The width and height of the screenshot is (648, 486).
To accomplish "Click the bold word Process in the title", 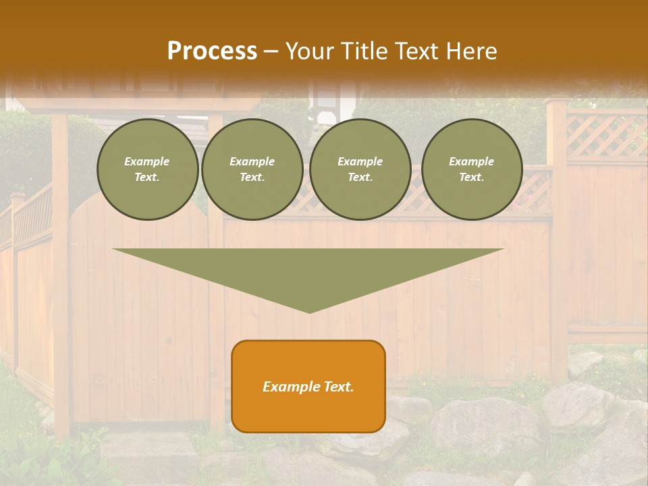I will [212, 51].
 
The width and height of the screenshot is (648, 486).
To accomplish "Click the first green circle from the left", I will [148, 169].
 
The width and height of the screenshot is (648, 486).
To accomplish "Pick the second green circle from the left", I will [252, 169].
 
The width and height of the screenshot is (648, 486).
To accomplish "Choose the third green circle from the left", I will [360, 169].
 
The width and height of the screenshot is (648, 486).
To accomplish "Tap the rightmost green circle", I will [472, 169].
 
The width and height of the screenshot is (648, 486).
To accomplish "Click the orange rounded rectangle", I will [308, 386].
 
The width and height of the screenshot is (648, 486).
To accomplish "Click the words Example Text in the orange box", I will [308, 387].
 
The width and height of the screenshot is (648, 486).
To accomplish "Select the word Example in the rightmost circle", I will [471, 161].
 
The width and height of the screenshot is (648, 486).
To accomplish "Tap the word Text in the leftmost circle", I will [146, 178].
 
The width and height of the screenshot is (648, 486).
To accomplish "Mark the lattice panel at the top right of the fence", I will [605, 135].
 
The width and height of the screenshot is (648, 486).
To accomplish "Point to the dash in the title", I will [271, 51].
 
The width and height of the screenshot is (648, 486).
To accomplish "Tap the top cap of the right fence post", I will [556, 101].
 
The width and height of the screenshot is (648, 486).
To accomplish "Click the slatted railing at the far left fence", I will [32, 216].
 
